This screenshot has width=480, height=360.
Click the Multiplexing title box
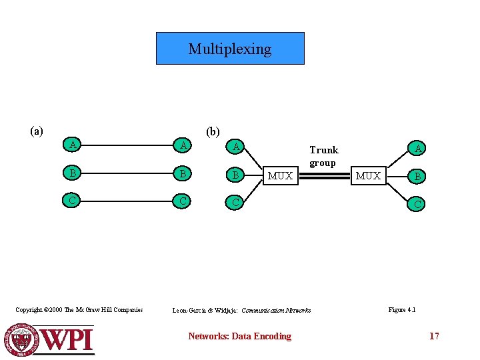click(230, 49)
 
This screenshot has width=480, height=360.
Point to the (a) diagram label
click(37, 131)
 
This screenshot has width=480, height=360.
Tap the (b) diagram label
click(213, 131)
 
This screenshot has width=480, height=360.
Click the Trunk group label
click(323, 156)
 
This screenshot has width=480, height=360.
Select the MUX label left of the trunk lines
click(280, 176)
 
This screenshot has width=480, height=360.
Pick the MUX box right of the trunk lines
click(369, 176)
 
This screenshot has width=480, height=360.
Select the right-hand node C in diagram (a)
click(179, 200)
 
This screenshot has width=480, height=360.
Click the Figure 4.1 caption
click(402, 309)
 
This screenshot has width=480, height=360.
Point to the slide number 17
click(434, 336)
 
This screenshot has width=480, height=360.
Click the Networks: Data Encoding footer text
click(239, 336)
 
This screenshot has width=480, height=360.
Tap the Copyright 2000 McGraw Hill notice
click(79, 309)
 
